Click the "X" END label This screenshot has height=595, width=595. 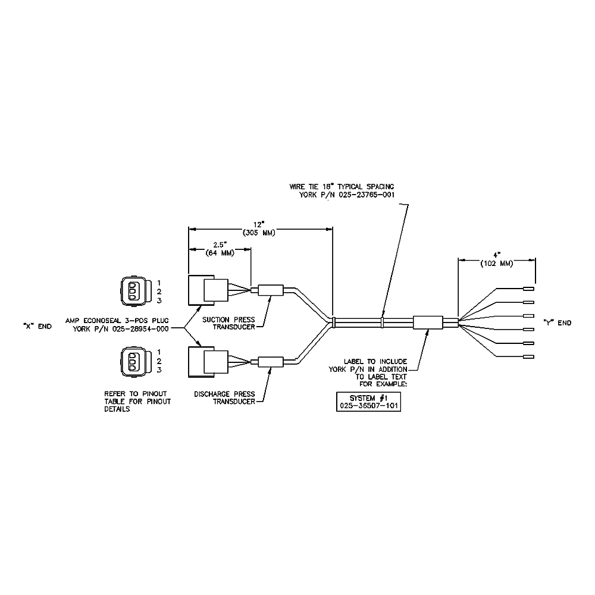click(x=37, y=326)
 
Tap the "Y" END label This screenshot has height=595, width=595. click(x=558, y=323)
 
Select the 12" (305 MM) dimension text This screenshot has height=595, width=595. click(x=259, y=229)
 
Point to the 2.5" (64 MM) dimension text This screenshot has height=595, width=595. click(x=220, y=249)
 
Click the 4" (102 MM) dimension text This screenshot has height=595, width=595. click(x=497, y=259)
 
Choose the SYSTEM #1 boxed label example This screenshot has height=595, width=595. click(x=368, y=402)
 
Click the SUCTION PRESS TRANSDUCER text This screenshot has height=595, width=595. click(x=228, y=323)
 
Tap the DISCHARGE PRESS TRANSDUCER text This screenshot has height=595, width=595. click(x=225, y=397)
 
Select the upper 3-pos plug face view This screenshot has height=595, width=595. click(x=134, y=291)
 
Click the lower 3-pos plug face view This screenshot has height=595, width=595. click(x=134, y=362)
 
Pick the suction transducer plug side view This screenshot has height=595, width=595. click(x=208, y=290)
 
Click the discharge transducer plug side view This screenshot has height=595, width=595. click(x=208, y=362)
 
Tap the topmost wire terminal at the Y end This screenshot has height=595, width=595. click(x=528, y=289)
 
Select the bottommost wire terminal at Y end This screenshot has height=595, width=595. click(x=528, y=356)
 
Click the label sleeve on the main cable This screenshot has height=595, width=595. click(x=428, y=322)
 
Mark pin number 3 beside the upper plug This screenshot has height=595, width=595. click(x=159, y=300)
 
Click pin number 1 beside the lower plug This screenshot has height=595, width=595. click(x=159, y=352)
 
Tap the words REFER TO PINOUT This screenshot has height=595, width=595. click(x=136, y=394)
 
